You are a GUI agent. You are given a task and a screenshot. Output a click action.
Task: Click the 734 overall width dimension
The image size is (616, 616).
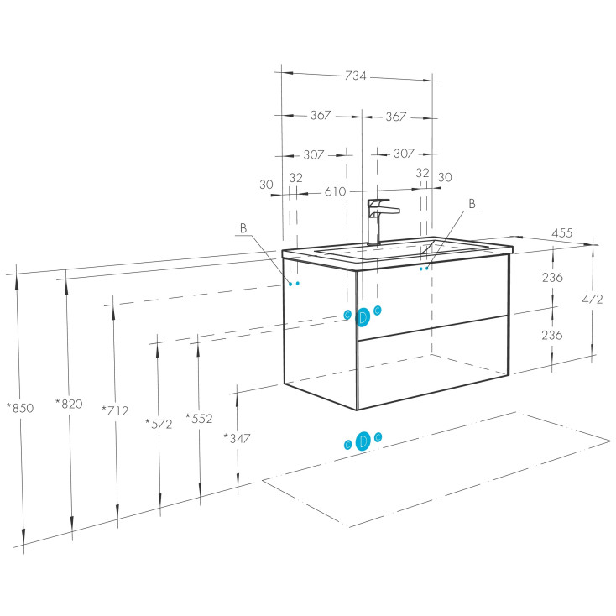click(x=355, y=76)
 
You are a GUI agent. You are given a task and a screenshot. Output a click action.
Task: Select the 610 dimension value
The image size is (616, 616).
click(x=335, y=191)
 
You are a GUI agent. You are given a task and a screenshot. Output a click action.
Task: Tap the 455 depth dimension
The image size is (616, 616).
click(x=563, y=234)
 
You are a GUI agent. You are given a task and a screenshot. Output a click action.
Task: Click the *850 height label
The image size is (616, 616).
click(x=18, y=408)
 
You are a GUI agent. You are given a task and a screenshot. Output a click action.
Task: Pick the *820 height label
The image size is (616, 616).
click(x=69, y=404)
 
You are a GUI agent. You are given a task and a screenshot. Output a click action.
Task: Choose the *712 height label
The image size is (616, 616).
click(x=114, y=410)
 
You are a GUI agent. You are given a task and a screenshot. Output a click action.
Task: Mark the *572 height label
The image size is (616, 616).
click(x=158, y=424)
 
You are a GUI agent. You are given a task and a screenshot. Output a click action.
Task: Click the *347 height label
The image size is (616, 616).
click(x=238, y=437)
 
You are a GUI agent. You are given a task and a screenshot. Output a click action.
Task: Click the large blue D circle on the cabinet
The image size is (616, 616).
click(x=363, y=316)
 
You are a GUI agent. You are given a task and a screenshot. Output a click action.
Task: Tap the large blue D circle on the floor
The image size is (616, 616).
click(x=363, y=441)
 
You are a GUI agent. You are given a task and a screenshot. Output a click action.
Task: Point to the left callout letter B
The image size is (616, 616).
click(x=243, y=228)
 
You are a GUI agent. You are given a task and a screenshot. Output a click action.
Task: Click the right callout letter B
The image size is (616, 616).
click(x=472, y=203)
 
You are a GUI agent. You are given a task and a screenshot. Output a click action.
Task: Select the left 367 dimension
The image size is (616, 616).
click(x=321, y=116)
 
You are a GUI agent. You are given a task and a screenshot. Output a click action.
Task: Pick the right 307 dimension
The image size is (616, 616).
click(x=405, y=154)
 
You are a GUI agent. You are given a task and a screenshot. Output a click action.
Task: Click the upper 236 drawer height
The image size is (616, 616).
click(x=552, y=278)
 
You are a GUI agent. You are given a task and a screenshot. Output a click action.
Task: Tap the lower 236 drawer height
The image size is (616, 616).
click(x=552, y=335)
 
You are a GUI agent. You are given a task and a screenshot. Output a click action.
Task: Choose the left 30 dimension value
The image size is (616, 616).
click(x=267, y=185)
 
